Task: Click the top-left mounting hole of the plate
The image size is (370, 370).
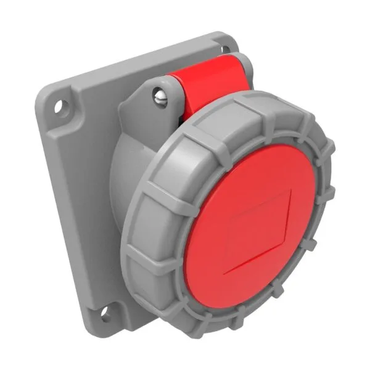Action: pyautogui.click(x=60, y=106)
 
